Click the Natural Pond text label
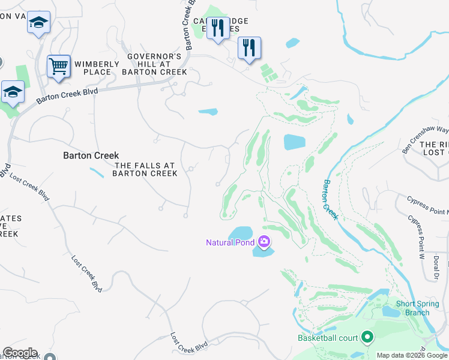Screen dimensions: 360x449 coord(231,242)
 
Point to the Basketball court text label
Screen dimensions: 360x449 coord(328,338)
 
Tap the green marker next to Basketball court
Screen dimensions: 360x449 coord(367,338)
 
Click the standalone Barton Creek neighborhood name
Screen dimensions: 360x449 coord(91,155)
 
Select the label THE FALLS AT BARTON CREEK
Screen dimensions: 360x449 coord(146,169)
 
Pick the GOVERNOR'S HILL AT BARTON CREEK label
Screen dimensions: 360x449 coord(154,64)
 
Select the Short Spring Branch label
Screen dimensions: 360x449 coord(412,308)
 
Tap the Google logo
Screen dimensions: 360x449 coord(20,353)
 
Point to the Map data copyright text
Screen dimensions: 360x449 coord(412,355)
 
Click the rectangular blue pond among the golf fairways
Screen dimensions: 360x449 coord(294,142)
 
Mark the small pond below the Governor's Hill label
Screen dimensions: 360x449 coord(208,111)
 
